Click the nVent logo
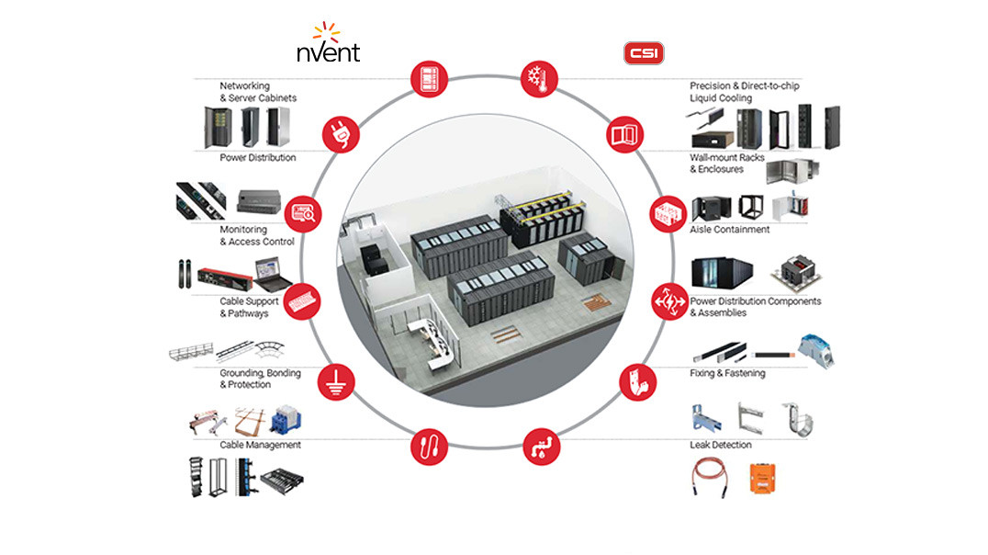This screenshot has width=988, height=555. (328, 44)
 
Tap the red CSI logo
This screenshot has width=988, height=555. (644, 53)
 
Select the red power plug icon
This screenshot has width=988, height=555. (339, 136)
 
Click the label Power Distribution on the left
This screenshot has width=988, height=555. (257, 157)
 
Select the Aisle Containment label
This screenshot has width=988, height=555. (729, 230)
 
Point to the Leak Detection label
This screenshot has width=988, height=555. (721, 445)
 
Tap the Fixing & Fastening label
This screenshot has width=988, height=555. (727, 373)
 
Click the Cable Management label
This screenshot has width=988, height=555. (260, 445)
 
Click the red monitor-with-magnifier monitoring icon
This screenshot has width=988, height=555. (304, 213)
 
